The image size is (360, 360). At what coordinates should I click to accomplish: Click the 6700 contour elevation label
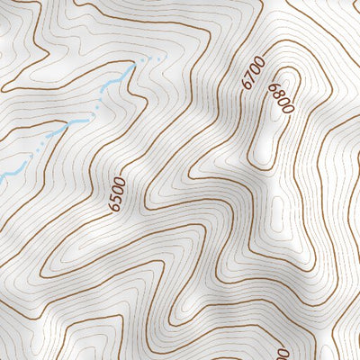(253, 72)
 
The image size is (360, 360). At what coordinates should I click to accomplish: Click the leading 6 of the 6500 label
(112, 207)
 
